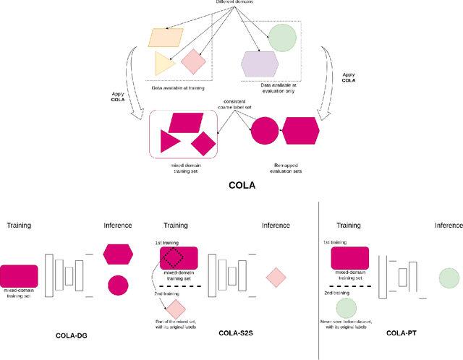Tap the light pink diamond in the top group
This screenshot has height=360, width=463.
click(x=193, y=61)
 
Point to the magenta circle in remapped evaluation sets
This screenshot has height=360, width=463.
click(x=264, y=131)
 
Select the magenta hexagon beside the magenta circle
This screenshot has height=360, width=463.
click(x=300, y=131)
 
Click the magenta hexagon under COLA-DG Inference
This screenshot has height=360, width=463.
click(x=119, y=254)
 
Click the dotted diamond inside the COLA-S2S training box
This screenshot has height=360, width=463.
click(x=174, y=258)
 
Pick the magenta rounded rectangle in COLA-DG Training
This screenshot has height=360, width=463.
click(x=19, y=275)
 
